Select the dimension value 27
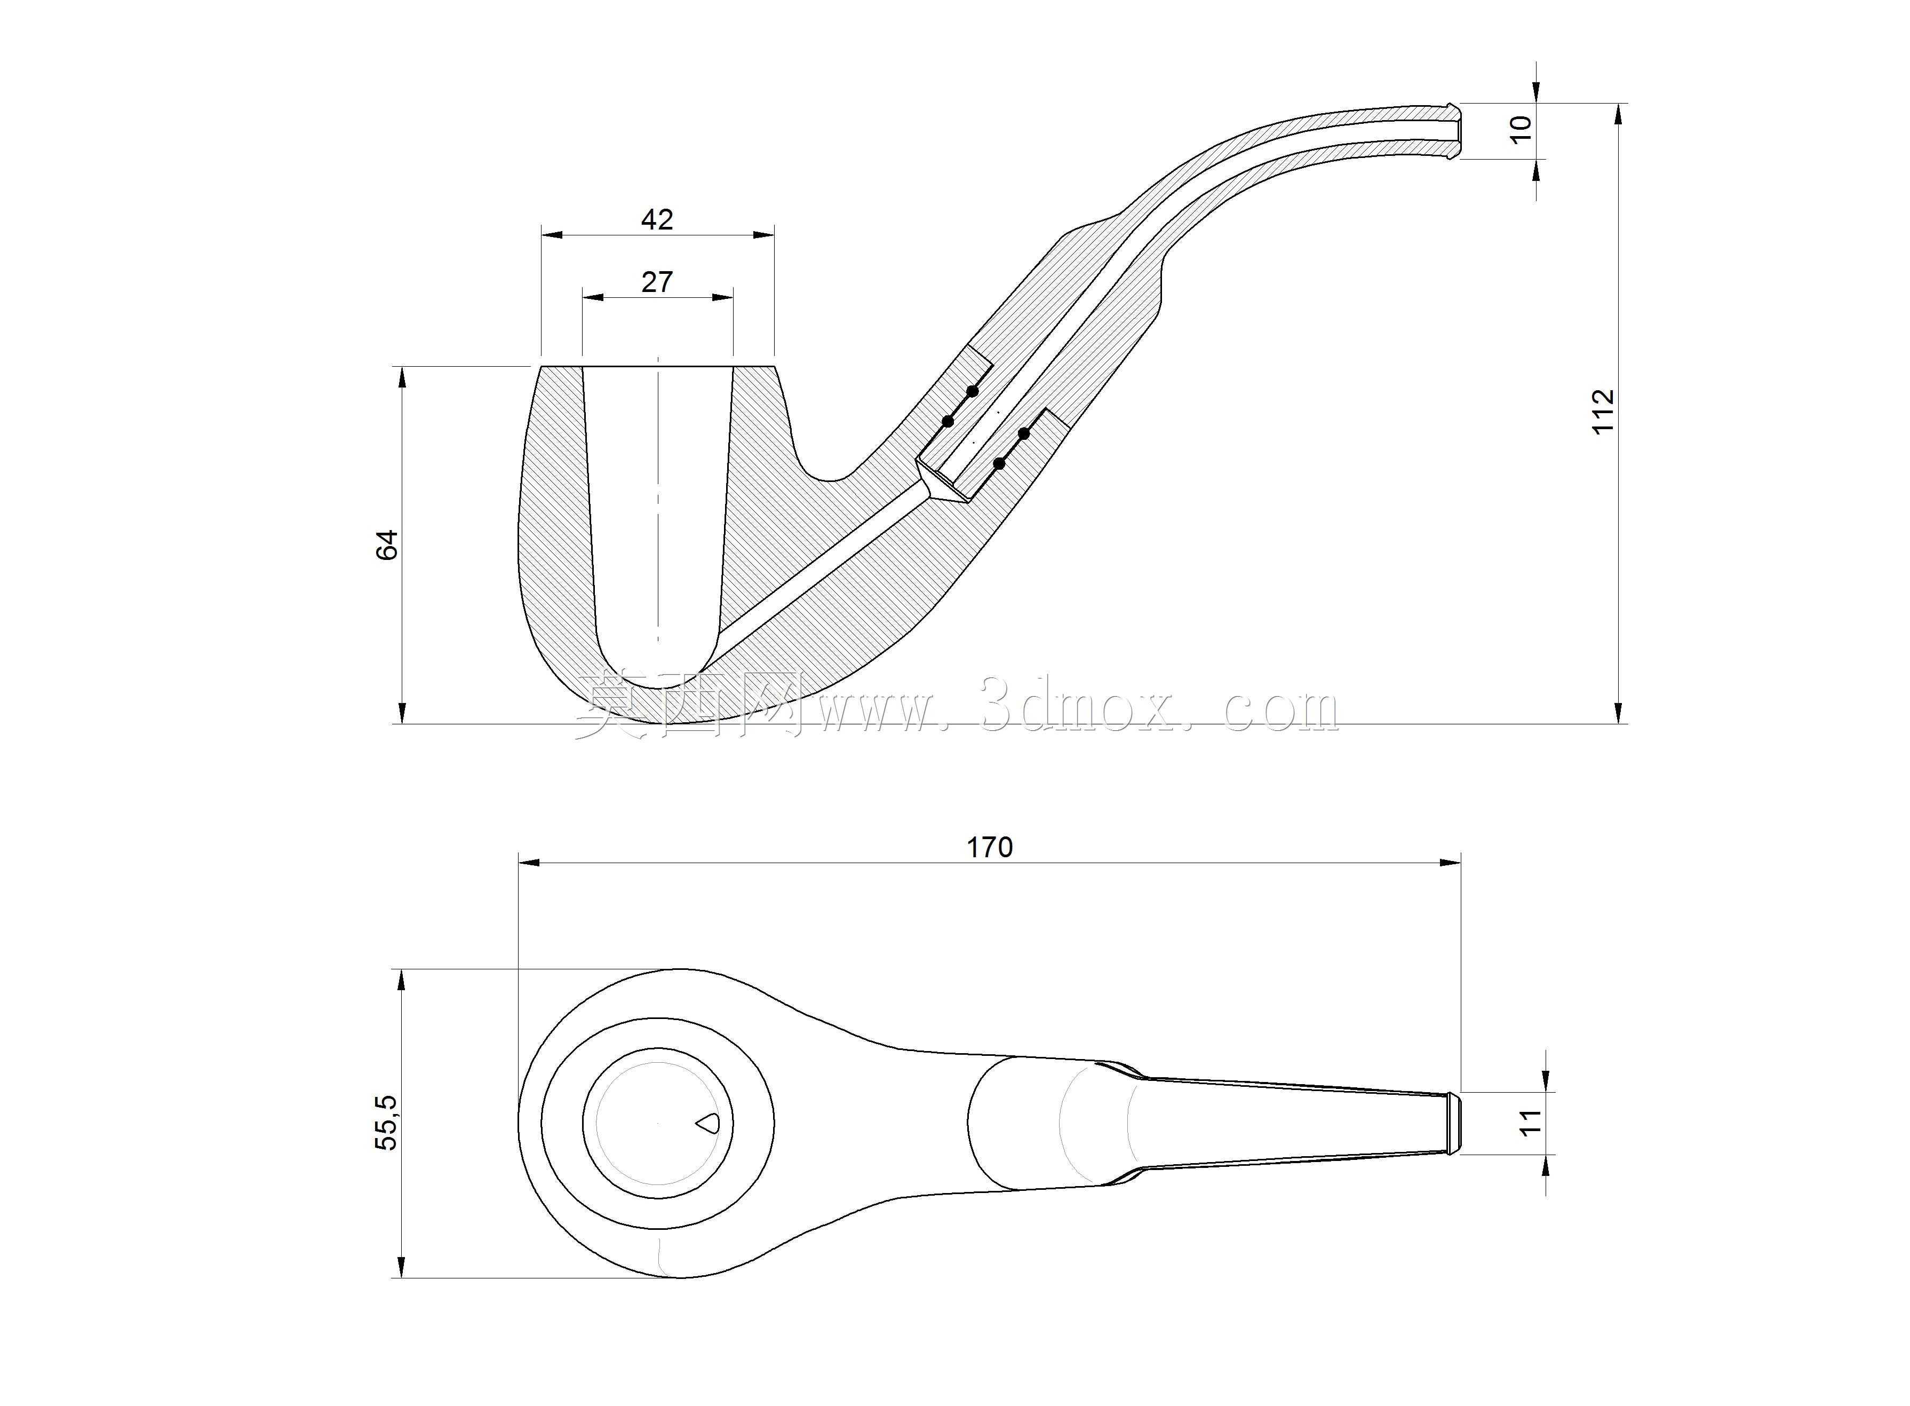coord(657,282)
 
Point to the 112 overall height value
coord(1602,411)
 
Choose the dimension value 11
coord(1531,1121)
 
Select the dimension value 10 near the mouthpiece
coord(1521,128)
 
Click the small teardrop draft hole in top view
coord(708,1124)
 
